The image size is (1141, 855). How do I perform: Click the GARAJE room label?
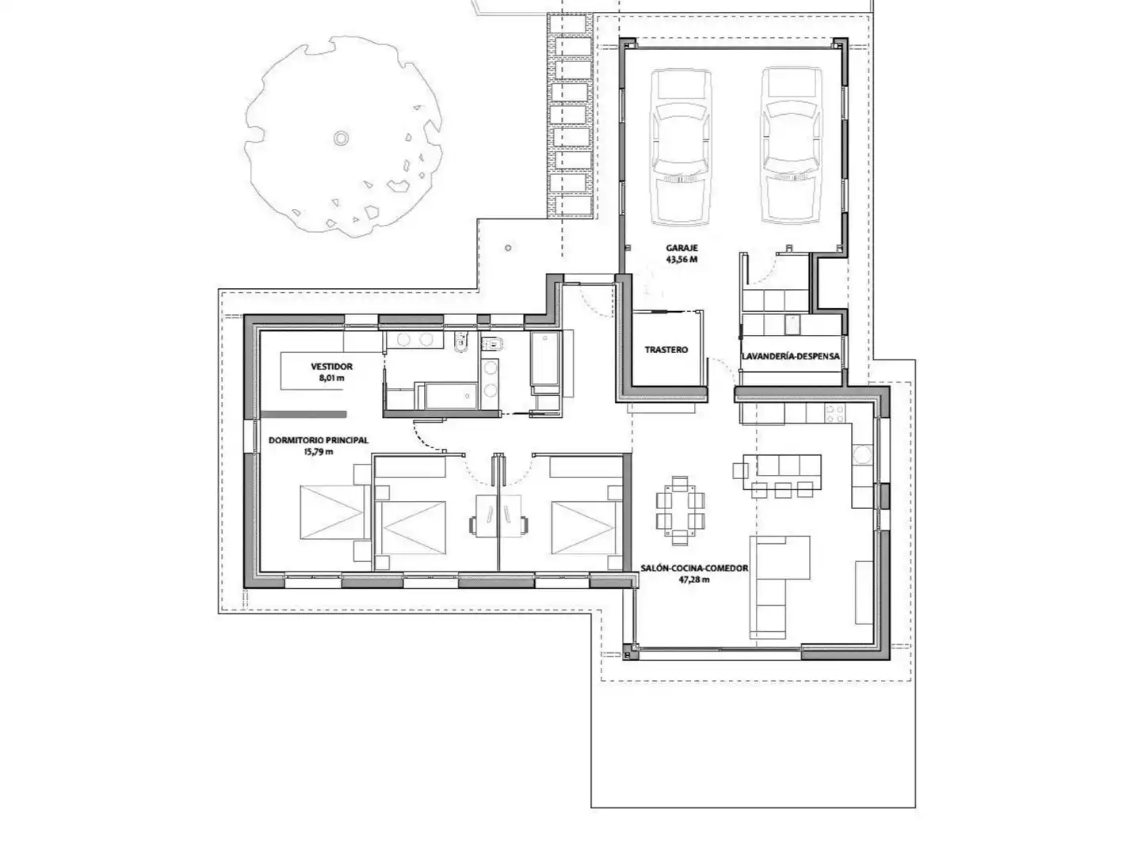tap(681, 248)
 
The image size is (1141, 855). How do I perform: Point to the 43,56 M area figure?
tap(681, 260)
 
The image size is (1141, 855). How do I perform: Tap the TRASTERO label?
tap(666, 350)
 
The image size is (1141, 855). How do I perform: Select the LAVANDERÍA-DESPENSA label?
tap(790, 356)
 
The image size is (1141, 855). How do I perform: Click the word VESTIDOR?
tap(332, 367)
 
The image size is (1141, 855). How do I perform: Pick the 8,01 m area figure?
tap(332, 378)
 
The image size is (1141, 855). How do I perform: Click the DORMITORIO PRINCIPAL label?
tap(319, 440)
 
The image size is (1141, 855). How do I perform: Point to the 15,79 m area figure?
tap(319, 451)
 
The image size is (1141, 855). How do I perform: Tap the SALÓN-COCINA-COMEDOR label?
tap(694, 568)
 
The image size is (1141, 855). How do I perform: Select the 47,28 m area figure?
tap(694, 579)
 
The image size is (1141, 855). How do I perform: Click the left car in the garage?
tap(681, 148)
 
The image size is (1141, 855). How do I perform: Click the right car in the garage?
tap(791, 146)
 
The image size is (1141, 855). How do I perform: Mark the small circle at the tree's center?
tap(341, 138)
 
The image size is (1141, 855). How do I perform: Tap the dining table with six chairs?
tap(680, 511)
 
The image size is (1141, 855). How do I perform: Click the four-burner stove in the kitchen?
tap(835, 414)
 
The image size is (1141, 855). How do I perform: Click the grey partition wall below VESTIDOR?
tap(303, 414)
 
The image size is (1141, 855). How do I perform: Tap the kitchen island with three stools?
tap(782, 473)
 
